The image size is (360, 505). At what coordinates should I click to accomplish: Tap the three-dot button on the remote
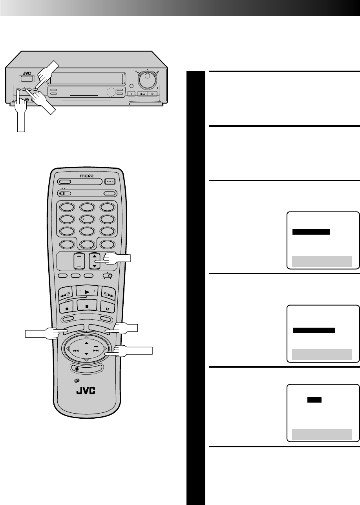click(x=110, y=182)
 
